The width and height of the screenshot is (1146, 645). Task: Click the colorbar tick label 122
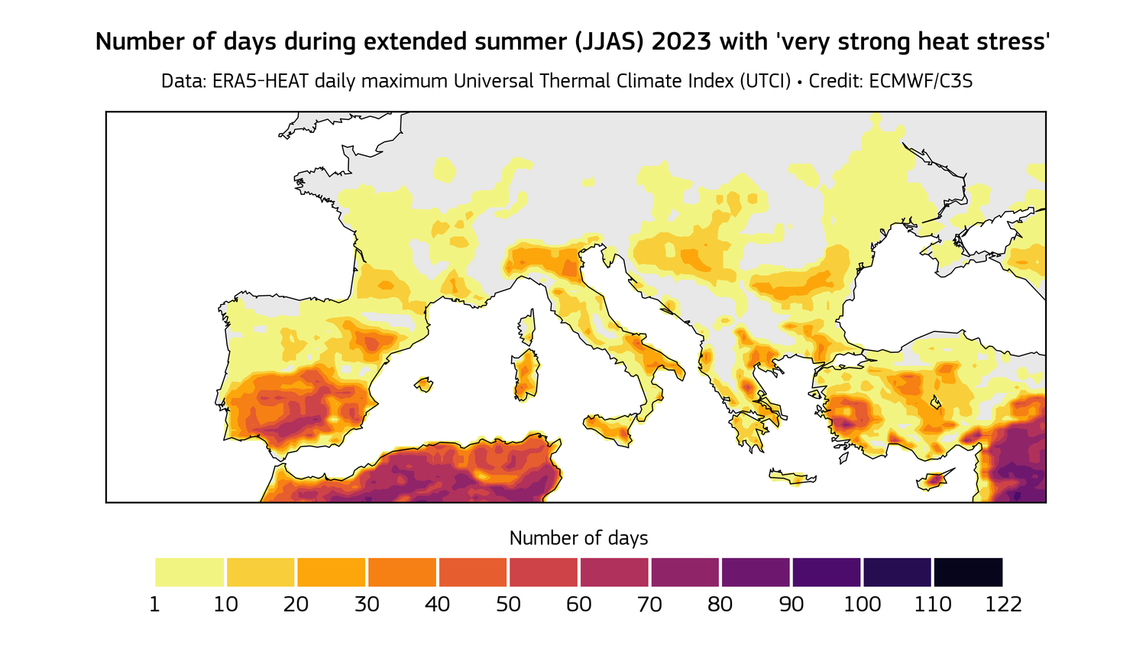[1003, 604]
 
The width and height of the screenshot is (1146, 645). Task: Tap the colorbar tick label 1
[155, 604]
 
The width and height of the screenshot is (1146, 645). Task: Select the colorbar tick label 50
[508, 604]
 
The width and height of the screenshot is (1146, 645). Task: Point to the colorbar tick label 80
[720, 604]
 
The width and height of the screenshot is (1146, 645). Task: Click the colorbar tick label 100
[862, 604]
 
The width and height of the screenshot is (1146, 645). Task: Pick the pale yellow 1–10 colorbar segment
[189, 572]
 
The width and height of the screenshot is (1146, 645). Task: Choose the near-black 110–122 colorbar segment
[968, 572]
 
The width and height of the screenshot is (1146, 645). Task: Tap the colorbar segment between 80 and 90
[756, 572]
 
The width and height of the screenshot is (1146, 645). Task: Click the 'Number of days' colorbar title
[578, 538]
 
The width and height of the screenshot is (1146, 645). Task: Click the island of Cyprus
[934, 481]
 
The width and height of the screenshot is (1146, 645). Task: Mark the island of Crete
[792, 478]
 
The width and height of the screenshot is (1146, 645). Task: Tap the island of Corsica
[526, 327]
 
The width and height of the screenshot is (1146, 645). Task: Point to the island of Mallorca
[423, 384]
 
